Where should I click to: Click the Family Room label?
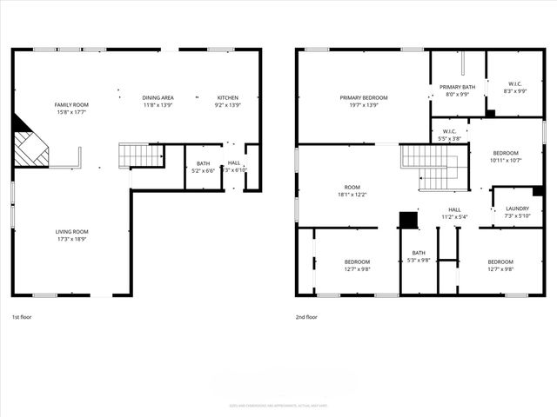coord(71,104)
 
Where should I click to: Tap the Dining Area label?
coord(158,97)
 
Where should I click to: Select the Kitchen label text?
coord(228,97)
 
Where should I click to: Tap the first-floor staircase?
coord(141,156)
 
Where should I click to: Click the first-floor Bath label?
coord(203,163)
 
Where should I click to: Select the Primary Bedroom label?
coord(363,97)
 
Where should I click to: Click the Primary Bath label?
coord(457,87)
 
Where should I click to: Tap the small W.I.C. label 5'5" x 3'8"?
coord(449,132)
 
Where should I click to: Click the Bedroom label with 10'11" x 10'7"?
coord(505,153)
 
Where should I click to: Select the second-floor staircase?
coord(433,168)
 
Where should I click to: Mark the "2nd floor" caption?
coord(306,317)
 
